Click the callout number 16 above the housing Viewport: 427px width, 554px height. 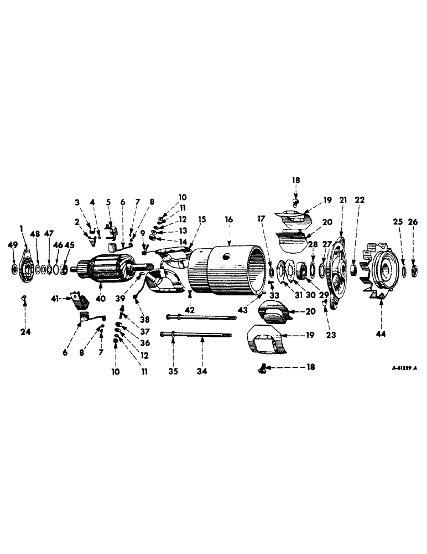228,219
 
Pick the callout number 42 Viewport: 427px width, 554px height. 190,309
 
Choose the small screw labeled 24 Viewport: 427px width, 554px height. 24,299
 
